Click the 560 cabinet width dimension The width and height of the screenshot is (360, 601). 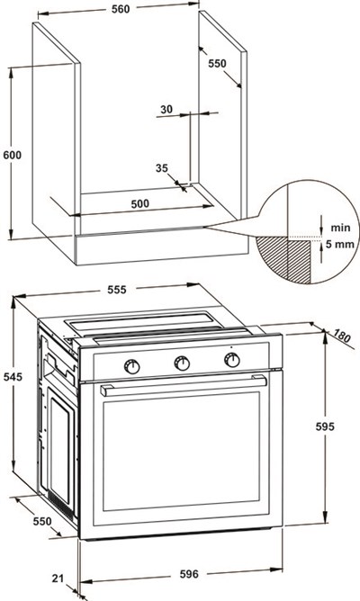coord(121,9)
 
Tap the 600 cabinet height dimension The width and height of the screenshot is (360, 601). coord(13,156)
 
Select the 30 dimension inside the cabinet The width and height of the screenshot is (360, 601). coord(166,109)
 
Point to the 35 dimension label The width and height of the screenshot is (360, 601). coord(162,168)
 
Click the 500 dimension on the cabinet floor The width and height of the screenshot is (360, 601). coord(139,203)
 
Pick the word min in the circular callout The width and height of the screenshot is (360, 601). coord(340,228)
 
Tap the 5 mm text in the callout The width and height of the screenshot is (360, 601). coord(340,244)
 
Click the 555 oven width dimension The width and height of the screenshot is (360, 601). coord(116,290)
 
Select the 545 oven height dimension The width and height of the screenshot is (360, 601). coord(13,377)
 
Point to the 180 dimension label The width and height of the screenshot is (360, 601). coord(341,336)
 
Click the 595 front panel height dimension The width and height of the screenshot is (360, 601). coord(325,426)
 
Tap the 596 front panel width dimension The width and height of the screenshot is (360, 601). coord(189,574)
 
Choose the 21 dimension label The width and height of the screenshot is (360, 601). coord(58,578)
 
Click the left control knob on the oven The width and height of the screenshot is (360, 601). coord(132,367)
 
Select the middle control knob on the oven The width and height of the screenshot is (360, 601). coord(182,363)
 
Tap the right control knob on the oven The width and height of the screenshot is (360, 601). coord(232,360)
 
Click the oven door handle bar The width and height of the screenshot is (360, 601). coord(184,386)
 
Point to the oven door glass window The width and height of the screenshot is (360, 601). coord(181,452)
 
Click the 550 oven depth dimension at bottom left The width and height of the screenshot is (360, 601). coord(41,521)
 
